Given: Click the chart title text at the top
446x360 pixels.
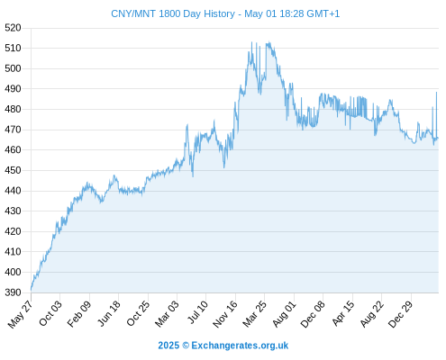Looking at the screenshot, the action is [225, 13].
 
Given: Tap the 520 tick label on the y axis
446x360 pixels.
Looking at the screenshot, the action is [13, 28].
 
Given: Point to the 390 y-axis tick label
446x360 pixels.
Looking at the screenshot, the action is [13, 292].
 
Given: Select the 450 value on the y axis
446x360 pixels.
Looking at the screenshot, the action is [13, 170].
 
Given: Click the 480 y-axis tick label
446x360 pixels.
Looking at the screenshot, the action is [13, 109].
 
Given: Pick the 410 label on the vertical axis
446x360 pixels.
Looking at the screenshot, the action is [13, 252].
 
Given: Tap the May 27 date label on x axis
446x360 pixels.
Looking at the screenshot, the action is [20, 314].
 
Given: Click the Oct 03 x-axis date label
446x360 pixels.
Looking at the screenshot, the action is [50, 313].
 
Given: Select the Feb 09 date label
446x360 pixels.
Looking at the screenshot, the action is [79, 313].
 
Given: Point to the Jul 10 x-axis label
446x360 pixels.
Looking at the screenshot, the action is [197, 312].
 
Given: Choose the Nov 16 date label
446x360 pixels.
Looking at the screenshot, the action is [225, 314].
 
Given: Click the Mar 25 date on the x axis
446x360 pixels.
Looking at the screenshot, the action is [255, 313].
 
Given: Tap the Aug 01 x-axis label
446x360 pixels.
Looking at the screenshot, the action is [284, 314].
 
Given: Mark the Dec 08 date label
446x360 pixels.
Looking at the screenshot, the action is [313, 314].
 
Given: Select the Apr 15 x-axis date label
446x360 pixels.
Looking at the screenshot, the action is [343, 313].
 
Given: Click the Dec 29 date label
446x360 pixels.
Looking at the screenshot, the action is [401, 314].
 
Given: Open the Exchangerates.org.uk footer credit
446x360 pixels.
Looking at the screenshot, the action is [240, 346].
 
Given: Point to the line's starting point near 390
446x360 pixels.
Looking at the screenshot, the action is [31, 290].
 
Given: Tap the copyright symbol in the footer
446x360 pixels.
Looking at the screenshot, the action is [186, 346].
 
